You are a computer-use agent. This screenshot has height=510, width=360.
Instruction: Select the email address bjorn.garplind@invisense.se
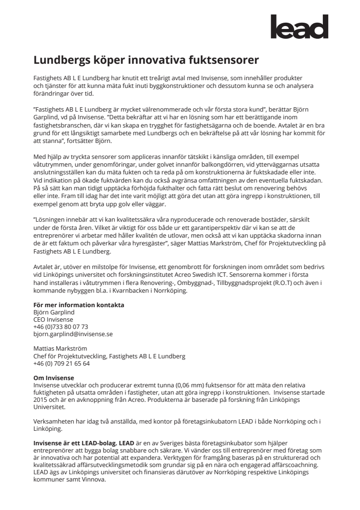click(73, 334)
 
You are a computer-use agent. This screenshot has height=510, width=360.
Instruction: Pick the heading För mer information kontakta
click(79, 305)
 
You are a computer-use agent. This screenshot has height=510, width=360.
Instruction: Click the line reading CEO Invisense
click(53, 319)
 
